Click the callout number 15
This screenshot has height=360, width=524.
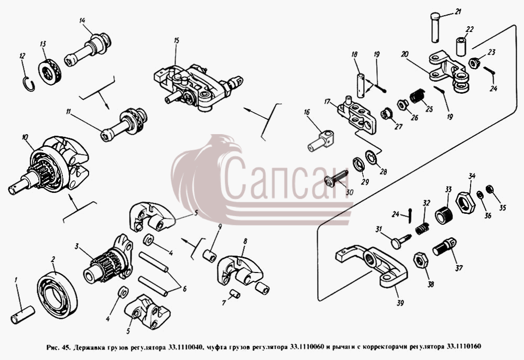177,41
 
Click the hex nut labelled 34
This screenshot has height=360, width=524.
465,202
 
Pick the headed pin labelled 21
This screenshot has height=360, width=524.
435,27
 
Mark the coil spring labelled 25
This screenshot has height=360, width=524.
417,96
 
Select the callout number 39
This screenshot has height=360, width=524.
400,303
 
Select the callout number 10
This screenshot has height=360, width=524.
25,137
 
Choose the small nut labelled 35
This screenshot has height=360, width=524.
490,189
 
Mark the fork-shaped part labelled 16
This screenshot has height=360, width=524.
321,141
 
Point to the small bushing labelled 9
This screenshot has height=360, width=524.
210,255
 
